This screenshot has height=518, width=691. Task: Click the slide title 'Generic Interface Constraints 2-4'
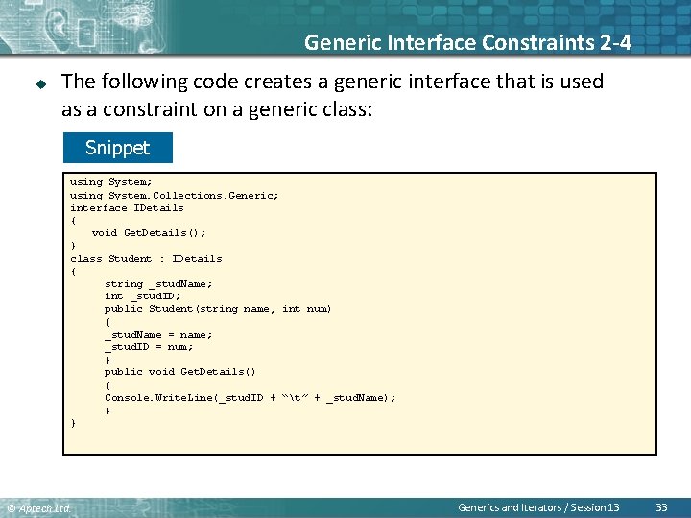[467, 42]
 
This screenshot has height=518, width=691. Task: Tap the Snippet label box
[117, 148]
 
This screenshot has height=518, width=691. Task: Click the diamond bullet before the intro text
[41, 83]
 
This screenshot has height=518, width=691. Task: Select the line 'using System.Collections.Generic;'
[175, 195]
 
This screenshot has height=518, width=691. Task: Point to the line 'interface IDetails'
[127, 207]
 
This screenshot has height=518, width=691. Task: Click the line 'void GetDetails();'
[149, 232]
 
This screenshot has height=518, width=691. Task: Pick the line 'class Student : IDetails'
[146, 258]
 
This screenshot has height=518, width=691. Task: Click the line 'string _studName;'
[158, 283]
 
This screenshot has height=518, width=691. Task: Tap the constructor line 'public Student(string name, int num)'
[218, 309]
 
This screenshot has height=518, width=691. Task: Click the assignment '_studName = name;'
[158, 334]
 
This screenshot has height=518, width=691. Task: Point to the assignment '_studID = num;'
[149, 346]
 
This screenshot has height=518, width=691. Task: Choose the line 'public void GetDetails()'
[180, 371]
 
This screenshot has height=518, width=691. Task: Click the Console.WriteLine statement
[250, 397]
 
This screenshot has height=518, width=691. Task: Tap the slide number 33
[661, 506]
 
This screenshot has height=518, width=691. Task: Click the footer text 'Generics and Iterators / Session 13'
[538, 506]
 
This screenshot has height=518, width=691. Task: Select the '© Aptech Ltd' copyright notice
[38, 507]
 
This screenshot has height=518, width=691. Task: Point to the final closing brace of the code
[73, 422]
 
